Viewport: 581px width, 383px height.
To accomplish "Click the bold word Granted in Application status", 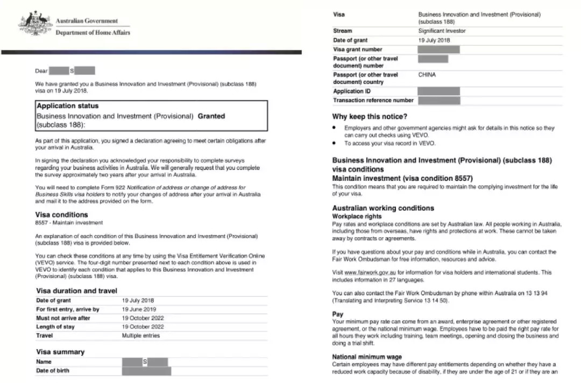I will coord(211,116).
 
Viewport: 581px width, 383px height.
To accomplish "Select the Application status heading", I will coord(67,106).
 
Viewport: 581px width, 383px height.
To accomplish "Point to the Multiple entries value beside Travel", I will coord(140,336).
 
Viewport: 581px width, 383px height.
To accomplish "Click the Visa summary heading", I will coord(60,352).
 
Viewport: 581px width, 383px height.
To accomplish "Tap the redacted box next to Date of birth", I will coord(146,371).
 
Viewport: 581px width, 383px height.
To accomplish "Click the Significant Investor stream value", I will coord(442,31).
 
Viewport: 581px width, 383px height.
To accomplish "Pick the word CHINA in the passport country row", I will coord(427,75).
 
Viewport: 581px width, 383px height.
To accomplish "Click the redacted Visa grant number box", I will coord(438,49).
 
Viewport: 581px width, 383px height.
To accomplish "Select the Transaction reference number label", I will coord(373,101).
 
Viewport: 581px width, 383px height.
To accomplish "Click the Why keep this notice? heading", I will coord(370,116).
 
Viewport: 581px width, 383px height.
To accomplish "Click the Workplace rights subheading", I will coord(357,216).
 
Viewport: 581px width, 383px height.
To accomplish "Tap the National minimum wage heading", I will coord(367,357).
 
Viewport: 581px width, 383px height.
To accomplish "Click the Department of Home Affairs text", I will coord(93,33).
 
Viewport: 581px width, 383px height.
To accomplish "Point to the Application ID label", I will coord(352,91).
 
